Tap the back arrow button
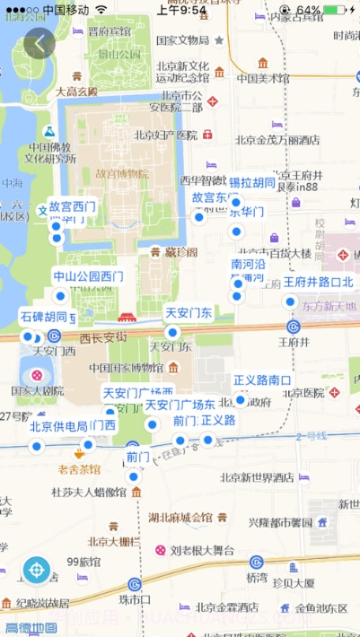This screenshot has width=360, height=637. click(40, 43)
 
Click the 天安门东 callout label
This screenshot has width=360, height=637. click(189, 313)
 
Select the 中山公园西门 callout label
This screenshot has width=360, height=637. click(88, 276)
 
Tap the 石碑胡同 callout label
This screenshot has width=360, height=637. click(44, 317)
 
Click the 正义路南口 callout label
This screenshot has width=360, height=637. click(262, 380)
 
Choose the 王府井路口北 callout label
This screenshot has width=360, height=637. click(319, 282)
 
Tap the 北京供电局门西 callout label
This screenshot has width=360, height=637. click(73, 425)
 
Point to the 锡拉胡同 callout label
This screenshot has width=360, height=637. click(252, 183)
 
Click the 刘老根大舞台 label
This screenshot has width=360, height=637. click(202, 550)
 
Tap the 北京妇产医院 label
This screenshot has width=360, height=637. click(165, 135)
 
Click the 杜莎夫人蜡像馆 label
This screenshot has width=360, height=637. click(88, 492)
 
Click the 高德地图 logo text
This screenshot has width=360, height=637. click(31, 628)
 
